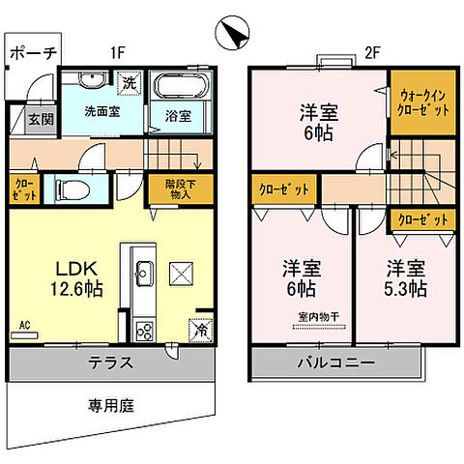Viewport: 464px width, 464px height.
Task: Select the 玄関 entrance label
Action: click(41, 120)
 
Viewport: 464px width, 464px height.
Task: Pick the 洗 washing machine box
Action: click(130, 82)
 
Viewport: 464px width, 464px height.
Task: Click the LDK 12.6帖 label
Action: click(67, 275)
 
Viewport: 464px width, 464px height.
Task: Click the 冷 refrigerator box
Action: click(201, 329)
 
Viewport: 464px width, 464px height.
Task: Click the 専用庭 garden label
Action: click(106, 406)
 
